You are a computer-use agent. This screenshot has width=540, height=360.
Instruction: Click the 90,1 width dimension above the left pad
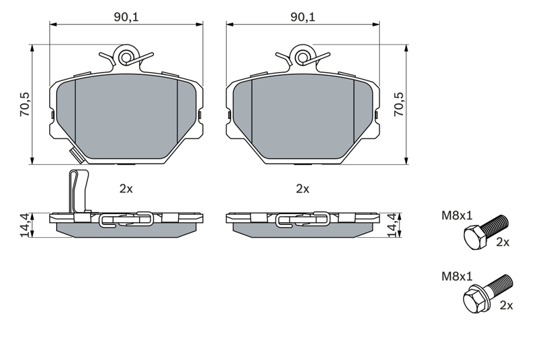click(x=126, y=17)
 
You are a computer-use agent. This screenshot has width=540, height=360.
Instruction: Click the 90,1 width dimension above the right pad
click(x=302, y=17)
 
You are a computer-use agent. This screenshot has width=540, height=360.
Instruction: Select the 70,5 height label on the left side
click(x=25, y=104)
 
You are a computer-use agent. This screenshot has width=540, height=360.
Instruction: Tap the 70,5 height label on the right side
click(x=399, y=104)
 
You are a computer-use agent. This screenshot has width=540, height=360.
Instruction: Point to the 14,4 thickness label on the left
click(x=25, y=225)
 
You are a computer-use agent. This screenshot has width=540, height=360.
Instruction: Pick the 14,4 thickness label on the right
click(x=393, y=225)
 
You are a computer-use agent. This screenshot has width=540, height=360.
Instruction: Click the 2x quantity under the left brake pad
click(x=126, y=189)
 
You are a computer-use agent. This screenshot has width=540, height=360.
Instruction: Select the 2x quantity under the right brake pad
click(x=302, y=189)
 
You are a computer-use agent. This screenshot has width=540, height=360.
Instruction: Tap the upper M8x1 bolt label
click(x=457, y=215)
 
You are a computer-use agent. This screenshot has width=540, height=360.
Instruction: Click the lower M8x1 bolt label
click(x=457, y=276)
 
